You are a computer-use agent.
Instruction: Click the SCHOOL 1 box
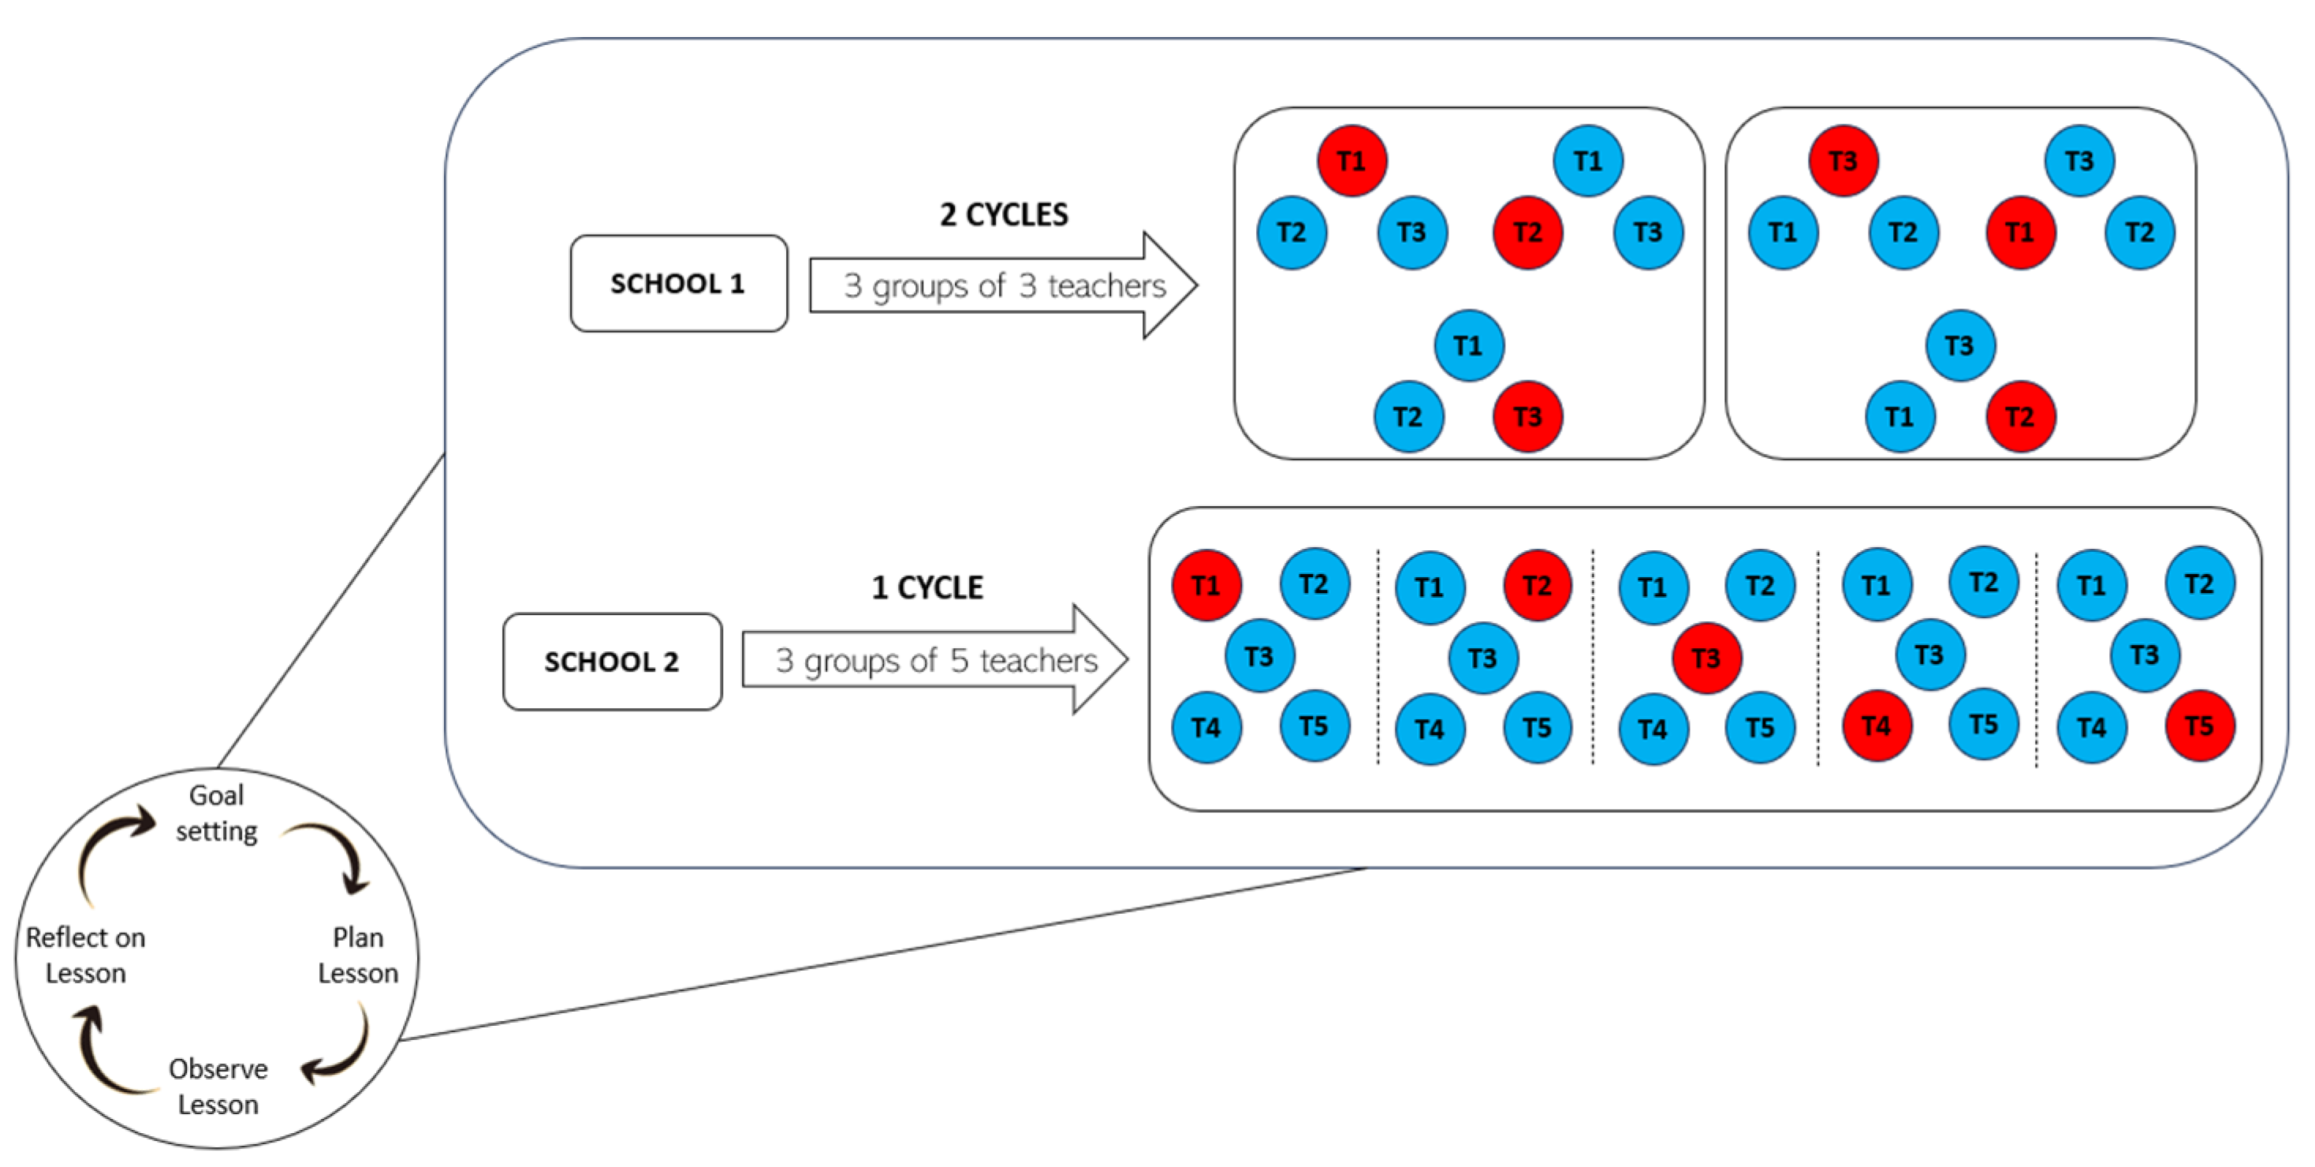(x=679, y=284)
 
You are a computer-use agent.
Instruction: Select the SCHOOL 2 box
(x=612, y=662)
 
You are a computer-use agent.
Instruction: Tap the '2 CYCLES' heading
(x=1004, y=214)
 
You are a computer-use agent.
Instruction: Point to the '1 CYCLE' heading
(x=927, y=587)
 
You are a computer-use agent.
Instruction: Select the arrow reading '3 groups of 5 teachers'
(x=934, y=660)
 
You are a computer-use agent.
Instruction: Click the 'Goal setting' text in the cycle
(x=217, y=813)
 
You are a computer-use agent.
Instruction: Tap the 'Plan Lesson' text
(x=358, y=955)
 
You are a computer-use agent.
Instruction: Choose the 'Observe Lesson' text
(x=218, y=1086)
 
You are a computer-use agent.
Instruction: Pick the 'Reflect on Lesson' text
(x=85, y=955)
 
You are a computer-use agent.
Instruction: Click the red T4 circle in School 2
(x=1877, y=726)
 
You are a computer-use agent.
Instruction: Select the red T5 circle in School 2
(x=2199, y=726)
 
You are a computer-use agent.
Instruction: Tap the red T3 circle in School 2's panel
(x=1705, y=658)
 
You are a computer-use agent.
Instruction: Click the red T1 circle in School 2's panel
(x=1206, y=586)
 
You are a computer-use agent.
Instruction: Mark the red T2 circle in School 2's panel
(x=1537, y=586)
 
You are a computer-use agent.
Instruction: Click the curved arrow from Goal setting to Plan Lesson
(x=337, y=853)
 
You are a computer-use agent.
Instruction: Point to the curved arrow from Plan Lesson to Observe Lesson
(x=346, y=1051)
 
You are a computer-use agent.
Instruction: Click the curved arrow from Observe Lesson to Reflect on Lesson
(x=103, y=1056)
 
